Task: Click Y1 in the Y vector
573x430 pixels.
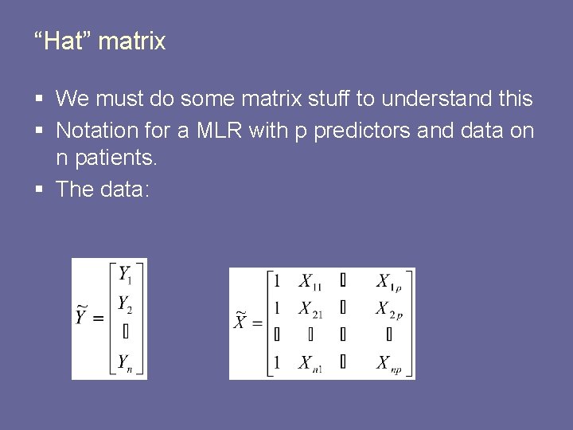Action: pyautogui.click(x=126, y=276)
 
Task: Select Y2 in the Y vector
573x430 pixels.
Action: pyautogui.click(x=126, y=304)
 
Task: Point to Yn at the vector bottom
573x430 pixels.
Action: pyautogui.click(x=126, y=363)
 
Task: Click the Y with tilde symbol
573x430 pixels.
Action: pyautogui.click(x=82, y=316)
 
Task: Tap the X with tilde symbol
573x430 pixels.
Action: pyautogui.click(x=241, y=321)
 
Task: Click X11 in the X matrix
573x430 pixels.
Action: pyautogui.click(x=310, y=281)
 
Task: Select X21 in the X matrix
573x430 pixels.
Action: pyautogui.click(x=310, y=310)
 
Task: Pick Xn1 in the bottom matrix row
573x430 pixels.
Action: pyautogui.click(x=310, y=363)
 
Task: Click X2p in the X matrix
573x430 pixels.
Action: pyautogui.click(x=388, y=310)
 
